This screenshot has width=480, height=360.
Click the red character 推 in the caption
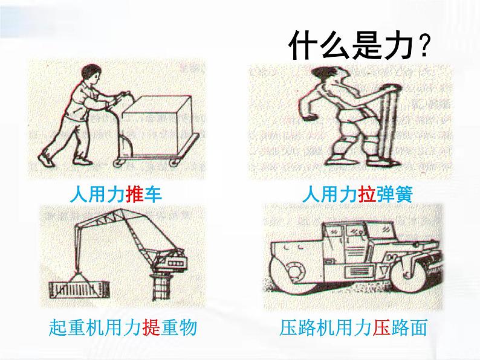point(134,194)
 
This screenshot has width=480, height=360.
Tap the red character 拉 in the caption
point(367,194)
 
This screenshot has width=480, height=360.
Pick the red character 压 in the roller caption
point(381,327)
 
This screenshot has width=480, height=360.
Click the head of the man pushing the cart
point(91,75)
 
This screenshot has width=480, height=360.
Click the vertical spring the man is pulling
point(389,126)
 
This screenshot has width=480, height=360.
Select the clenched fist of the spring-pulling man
point(311,118)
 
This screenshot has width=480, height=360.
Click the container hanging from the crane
point(79,289)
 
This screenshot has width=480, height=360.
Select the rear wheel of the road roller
point(409,272)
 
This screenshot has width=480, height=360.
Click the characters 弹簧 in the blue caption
point(395,194)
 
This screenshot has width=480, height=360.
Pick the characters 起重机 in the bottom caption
point(76,327)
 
